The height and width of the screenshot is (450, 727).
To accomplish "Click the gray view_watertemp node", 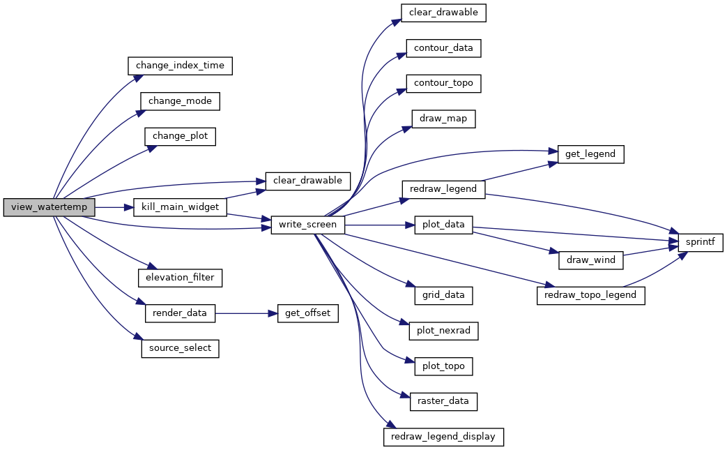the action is [49, 207].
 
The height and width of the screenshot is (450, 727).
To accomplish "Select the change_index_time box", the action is [180, 66].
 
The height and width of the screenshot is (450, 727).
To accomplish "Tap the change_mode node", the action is [180, 101].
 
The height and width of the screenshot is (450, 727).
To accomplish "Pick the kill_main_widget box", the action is [180, 207].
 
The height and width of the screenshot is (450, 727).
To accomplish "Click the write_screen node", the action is [308, 225].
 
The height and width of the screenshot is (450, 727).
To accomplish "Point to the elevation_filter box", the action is [180, 278].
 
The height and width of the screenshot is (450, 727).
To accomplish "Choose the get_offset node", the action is [308, 313].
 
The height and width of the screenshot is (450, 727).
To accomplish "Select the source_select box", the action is [180, 348].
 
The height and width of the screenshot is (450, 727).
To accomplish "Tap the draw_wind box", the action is [590, 260].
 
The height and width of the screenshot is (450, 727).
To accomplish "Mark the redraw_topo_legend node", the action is [590, 296].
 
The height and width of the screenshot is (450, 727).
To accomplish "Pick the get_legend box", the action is [590, 154].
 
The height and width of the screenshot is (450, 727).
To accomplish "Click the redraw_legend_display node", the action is [443, 437].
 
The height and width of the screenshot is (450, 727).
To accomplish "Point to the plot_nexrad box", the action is [443, 331].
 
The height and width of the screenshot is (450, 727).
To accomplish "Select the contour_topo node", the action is [443, 84].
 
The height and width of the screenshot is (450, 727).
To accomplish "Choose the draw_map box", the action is [443, 119].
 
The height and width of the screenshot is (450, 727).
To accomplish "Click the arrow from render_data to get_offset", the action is [246, 314].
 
